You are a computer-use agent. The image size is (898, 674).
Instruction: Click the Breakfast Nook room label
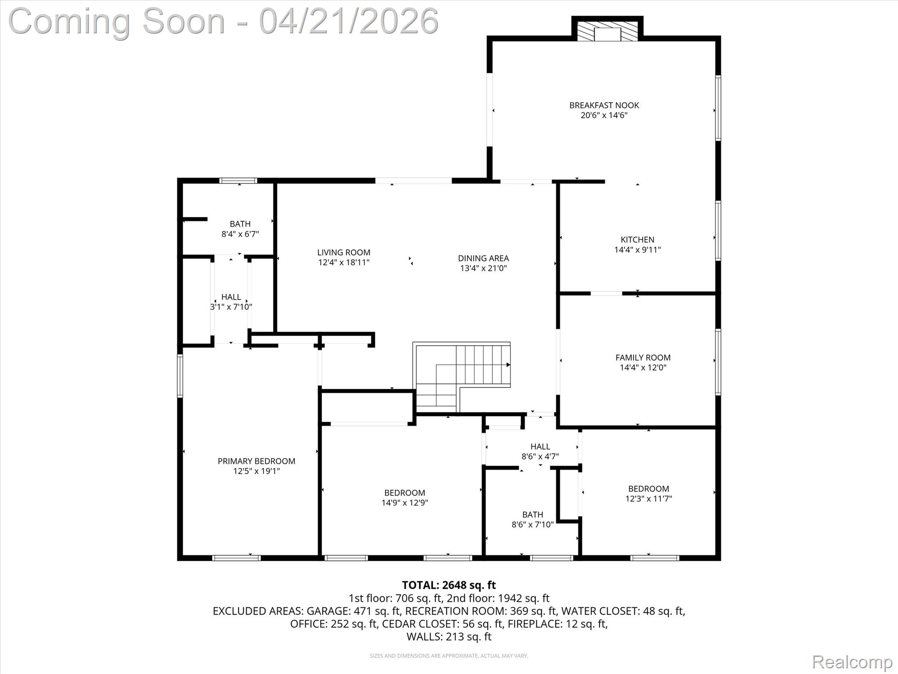click(604, 105)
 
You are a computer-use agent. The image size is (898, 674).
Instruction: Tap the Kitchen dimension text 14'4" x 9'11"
click(637, 250)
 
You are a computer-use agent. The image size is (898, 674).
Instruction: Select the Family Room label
click(643, 358)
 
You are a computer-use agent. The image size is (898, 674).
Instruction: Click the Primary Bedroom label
click(256, 461)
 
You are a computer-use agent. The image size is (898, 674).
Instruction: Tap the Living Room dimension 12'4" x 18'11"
click(344, 262)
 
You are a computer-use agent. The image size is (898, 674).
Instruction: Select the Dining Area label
click(483, 258)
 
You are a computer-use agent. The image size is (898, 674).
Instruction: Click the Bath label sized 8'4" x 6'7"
click(240, 224)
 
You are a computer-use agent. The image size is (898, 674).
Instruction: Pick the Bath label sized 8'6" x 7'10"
click(532, 514)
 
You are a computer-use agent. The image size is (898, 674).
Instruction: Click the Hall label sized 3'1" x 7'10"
click(231, 297)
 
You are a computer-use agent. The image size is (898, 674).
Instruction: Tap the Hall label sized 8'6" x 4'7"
click(540, 446)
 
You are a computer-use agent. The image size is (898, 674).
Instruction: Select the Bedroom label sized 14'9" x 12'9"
click(404, 493)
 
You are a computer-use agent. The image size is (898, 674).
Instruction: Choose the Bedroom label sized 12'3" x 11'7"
click(648, 489)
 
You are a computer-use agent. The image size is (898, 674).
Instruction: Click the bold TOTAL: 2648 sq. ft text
click(449, 585)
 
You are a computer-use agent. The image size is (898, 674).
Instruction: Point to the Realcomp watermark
click(852, 662)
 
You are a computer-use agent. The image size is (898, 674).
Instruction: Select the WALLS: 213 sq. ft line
click(449, 636)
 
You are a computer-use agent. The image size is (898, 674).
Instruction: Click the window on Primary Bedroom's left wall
click(180, 376)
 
